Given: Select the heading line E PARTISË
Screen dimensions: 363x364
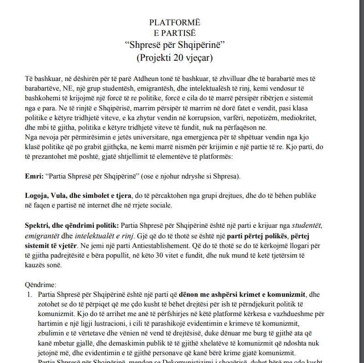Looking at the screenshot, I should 175,33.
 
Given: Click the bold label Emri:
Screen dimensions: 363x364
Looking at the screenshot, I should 34,176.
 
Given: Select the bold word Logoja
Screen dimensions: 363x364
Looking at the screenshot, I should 38,196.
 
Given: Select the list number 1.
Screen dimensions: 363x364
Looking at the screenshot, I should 28,294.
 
